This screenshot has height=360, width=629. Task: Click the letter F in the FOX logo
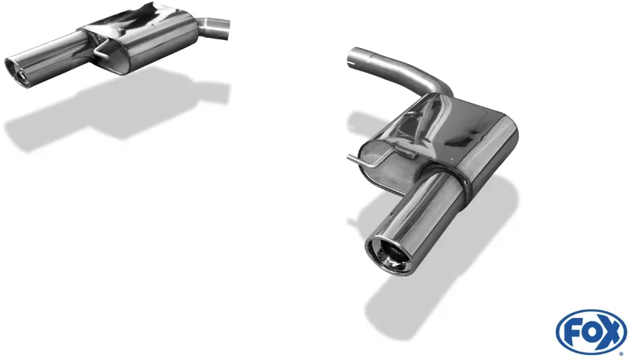tap(570, 332)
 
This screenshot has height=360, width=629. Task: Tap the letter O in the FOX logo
tap(588, 331)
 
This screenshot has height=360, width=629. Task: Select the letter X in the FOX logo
tap(609, 332)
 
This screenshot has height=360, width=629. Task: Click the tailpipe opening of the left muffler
tap(16, 71)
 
